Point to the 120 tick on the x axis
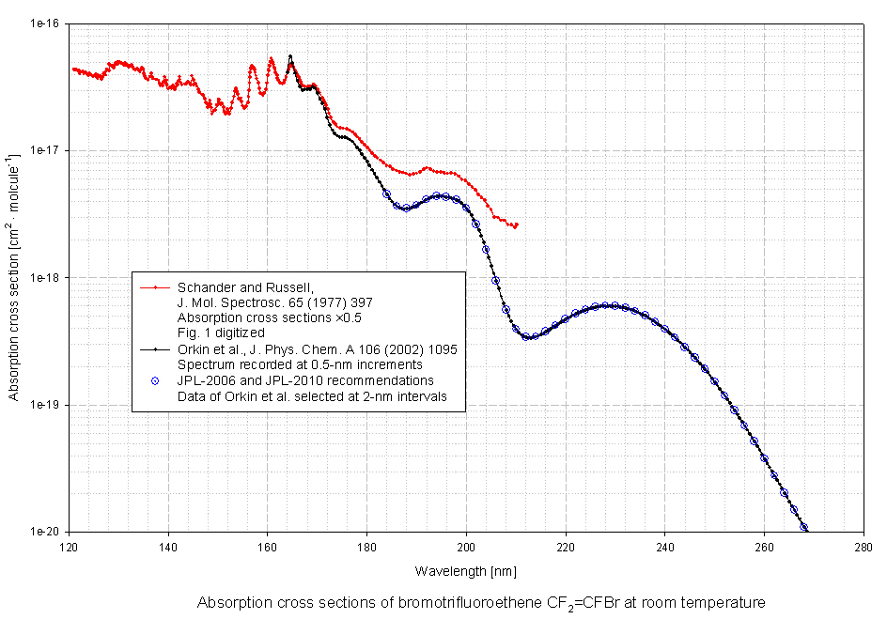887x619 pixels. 69,546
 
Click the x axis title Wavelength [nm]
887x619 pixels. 465,571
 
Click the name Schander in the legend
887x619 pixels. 203,286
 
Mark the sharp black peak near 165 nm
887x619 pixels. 290,56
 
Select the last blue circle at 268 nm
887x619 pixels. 803,527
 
